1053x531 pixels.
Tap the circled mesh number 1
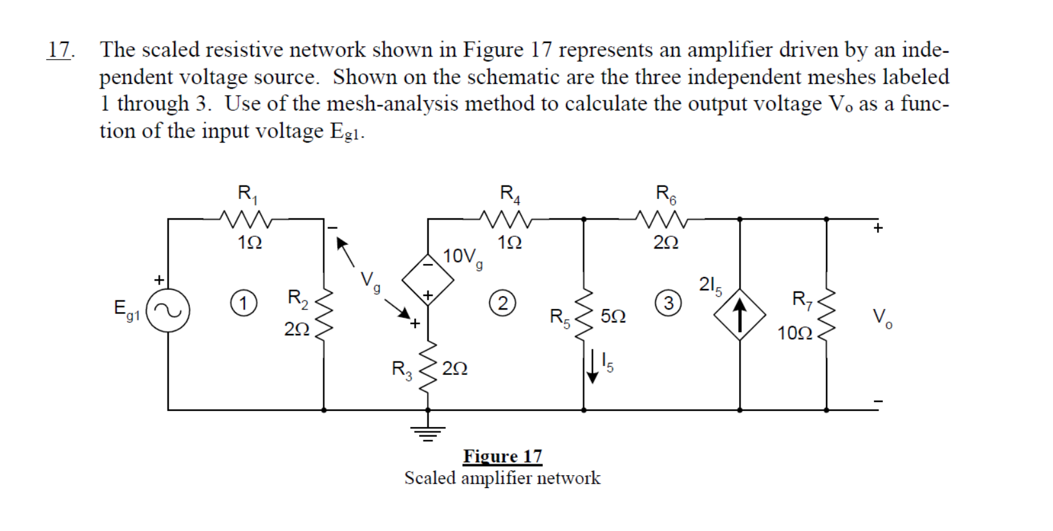[243, 302]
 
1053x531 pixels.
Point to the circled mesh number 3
[668, 302]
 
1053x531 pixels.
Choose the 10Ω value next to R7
[794, 333]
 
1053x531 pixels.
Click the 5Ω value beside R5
[613, 317]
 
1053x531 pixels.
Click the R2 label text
[298, 298]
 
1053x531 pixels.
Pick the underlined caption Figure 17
[502, 457]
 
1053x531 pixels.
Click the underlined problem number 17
[60, 50]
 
